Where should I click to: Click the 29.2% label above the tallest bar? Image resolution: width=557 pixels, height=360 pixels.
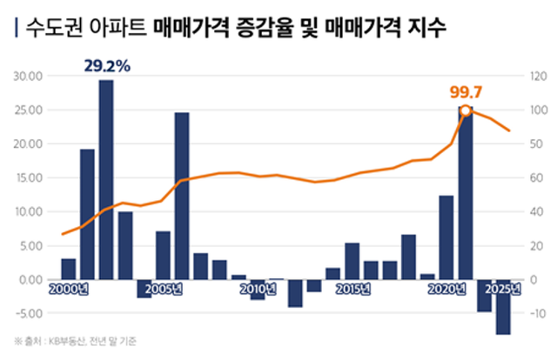[x=106, y=64]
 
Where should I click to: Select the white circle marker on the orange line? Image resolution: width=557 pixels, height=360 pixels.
[x=466, y=110]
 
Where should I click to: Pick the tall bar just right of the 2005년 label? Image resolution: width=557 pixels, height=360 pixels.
[x=182, y=196]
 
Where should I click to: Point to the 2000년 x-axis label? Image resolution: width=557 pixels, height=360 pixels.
[x=67, y=289]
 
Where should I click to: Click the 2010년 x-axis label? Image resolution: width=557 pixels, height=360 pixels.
[x=258, y=289]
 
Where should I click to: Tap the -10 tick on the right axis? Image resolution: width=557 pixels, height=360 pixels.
[x=536, y=313]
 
